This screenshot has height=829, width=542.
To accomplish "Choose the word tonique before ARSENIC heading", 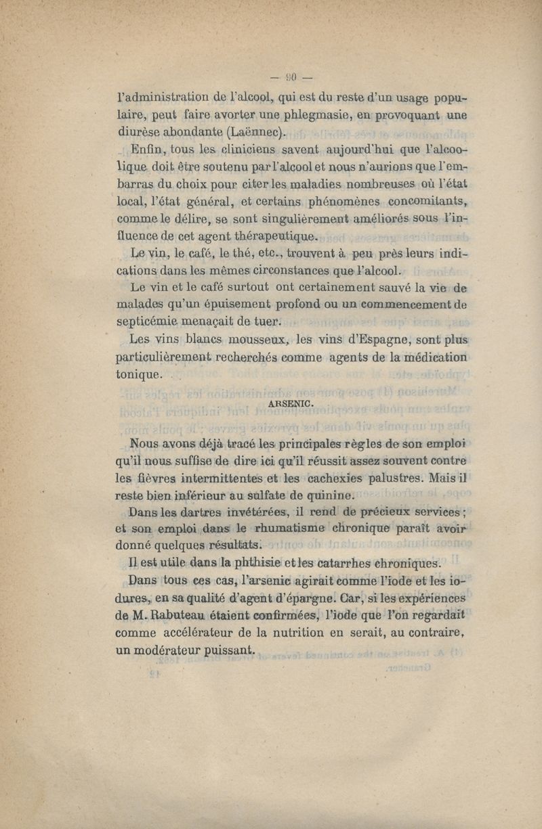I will (140, 374).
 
